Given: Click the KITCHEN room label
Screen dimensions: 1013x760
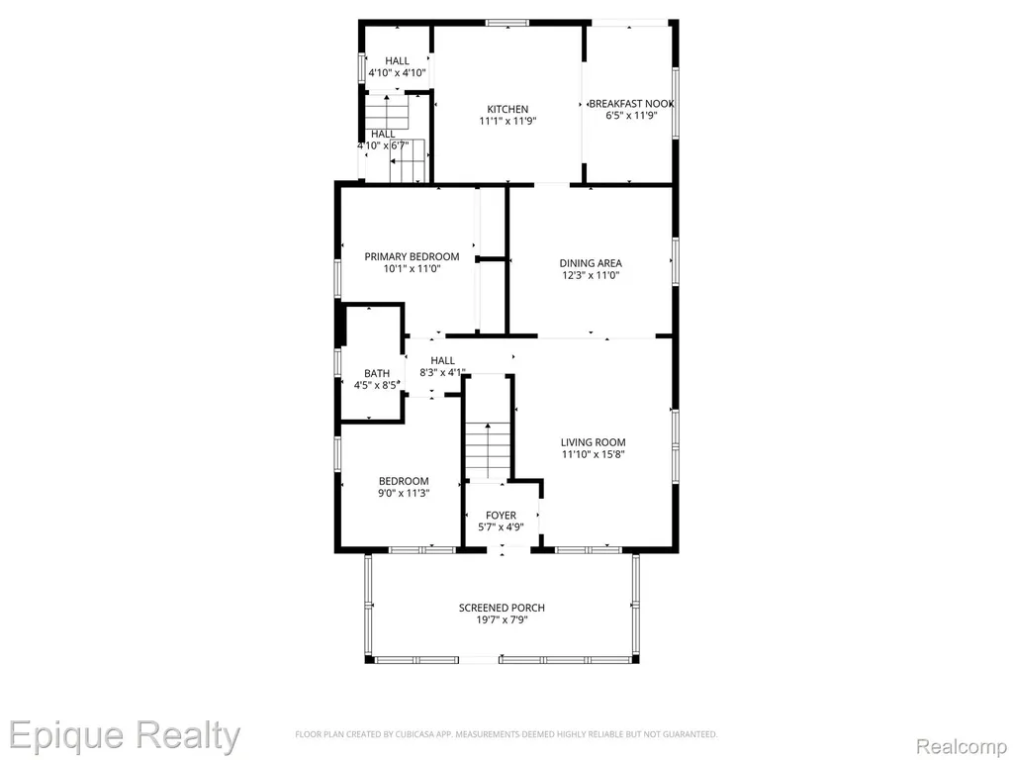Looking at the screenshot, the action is click(x=507, y=109).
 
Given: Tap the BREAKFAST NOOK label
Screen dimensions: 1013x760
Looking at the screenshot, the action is click(x=630, y=103).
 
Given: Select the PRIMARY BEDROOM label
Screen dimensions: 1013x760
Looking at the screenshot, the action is click(x=412, y=256).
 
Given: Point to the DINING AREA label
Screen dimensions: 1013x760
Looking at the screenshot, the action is click(x=591, y=263).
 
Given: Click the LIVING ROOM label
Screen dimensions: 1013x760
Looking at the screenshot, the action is click(x=594, y=442).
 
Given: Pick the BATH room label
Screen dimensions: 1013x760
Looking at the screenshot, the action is click(x=377, y=373).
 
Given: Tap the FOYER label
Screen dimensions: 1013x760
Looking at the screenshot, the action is click(x=501, y=516).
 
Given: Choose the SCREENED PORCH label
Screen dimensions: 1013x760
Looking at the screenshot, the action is click(x=502, y=608).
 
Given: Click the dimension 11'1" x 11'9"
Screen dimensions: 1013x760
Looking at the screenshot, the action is click(x=507, y=121).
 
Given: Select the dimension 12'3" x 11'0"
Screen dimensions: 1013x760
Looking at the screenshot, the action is click(x=591, y=275).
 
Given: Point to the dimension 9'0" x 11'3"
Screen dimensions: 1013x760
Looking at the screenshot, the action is click(x=404, y=493).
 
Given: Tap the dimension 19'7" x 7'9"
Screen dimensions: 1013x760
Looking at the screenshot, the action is click(x=502, y=619).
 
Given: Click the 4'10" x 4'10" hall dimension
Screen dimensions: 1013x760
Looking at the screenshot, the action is click(x=397, y=73).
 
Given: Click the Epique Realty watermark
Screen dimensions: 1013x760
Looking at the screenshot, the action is click(x=125, y=735).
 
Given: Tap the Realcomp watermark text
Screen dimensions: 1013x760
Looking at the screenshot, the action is click(x=962, y=746).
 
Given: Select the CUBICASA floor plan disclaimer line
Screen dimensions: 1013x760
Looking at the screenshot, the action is click(x=506, y=734).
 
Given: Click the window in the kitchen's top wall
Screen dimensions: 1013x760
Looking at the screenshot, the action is click(x=507, y=24).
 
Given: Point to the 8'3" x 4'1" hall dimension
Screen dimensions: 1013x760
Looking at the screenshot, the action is click(x=442, y=372).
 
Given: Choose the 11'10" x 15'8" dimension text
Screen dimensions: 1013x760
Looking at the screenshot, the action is click(x=594, y=454).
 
